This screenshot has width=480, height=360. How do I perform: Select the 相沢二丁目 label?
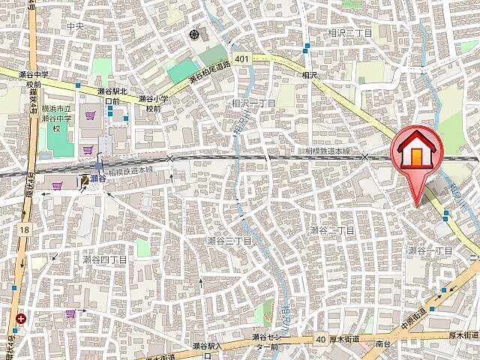(350, 34)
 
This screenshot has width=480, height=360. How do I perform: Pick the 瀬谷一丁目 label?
(430, 250)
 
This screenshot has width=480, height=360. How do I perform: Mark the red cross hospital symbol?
(20, 319)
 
